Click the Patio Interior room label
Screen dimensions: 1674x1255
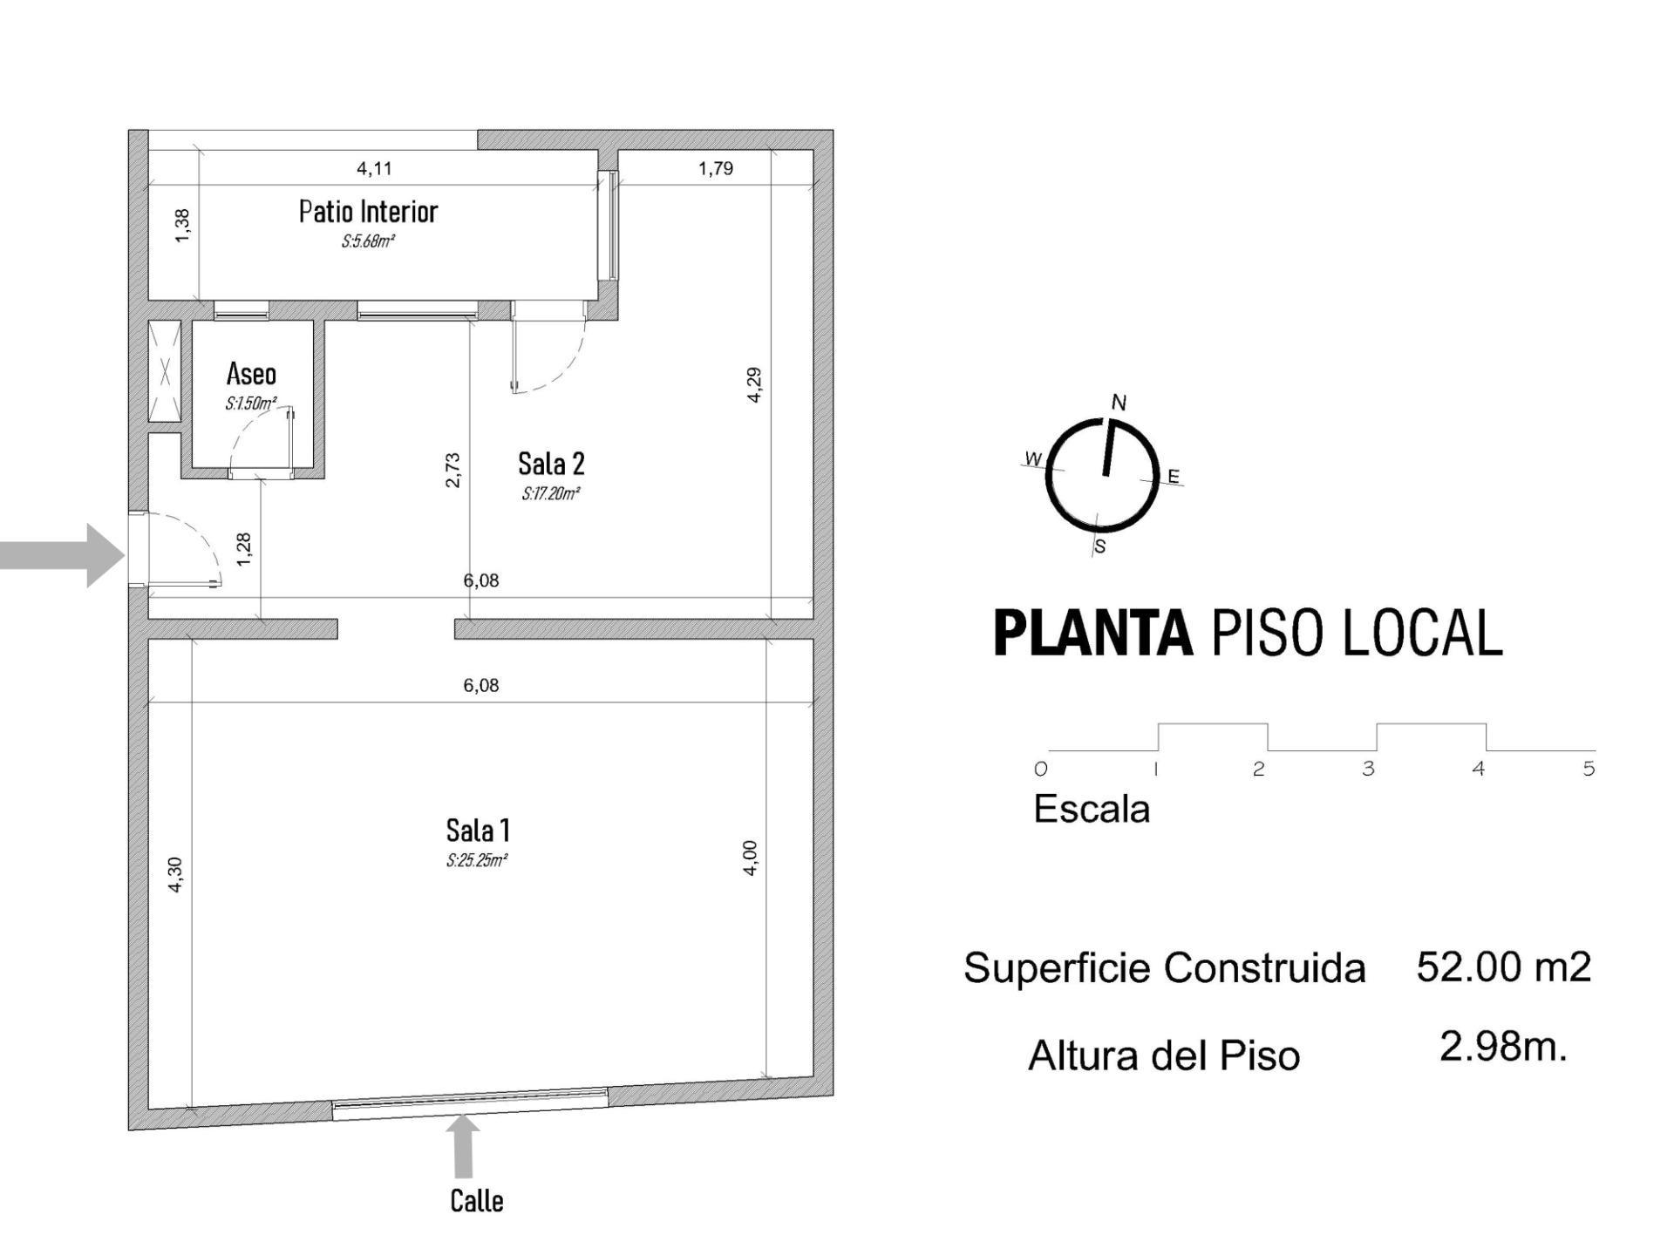pos(368,212)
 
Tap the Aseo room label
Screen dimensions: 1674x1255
pos(251,374)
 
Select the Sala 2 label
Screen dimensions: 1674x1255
pos(551,463)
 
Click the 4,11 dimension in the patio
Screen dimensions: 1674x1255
pos(374,168)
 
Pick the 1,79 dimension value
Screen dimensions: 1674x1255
pos(716,168)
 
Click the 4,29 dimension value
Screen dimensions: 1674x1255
pos(755,384)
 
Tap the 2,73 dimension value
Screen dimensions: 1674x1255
pos(453,470)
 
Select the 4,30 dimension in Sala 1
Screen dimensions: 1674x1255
pos(175,874)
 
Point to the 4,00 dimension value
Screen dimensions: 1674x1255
pos(751,858)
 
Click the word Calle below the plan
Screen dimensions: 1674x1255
pos(477,1200)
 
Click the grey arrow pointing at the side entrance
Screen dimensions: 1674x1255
pos(62,554)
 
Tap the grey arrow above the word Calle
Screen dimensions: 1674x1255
pos(463,1146)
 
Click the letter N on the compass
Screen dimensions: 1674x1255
pos(1119,402)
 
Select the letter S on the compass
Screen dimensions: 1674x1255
pos(1100,546)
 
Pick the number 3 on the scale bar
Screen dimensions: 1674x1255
pos(1368,769)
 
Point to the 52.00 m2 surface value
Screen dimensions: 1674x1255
pos(1504,967)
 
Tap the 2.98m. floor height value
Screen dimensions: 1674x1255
pos(1503,1046)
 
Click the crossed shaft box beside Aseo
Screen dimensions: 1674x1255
pos(165,372)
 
